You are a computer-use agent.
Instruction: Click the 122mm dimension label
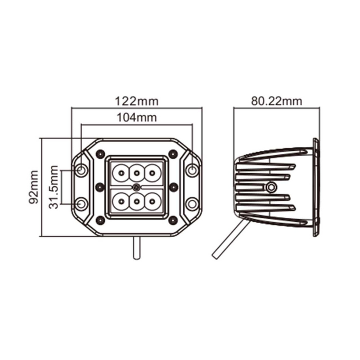(x=137, y=101)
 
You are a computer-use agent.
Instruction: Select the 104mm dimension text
(x=137, y=118)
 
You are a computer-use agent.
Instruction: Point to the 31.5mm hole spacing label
(x=54, y=187)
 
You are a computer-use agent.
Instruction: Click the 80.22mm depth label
(x=276, y=101)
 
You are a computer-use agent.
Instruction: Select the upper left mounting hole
(x=81, y=170)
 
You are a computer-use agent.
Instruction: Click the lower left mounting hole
(x=81, y=204)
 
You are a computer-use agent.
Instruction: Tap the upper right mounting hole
(x=192, y=170)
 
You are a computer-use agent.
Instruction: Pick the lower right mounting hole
(x=192, y=204)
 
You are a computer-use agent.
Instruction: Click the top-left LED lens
(x=121, y=172)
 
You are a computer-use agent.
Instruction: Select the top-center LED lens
(x=137, y=172)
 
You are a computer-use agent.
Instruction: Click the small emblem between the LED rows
(x=137, y=186)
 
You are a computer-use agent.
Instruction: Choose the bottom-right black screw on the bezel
(x=173, y=220)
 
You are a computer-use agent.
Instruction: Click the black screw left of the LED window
(x=100, y=186)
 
